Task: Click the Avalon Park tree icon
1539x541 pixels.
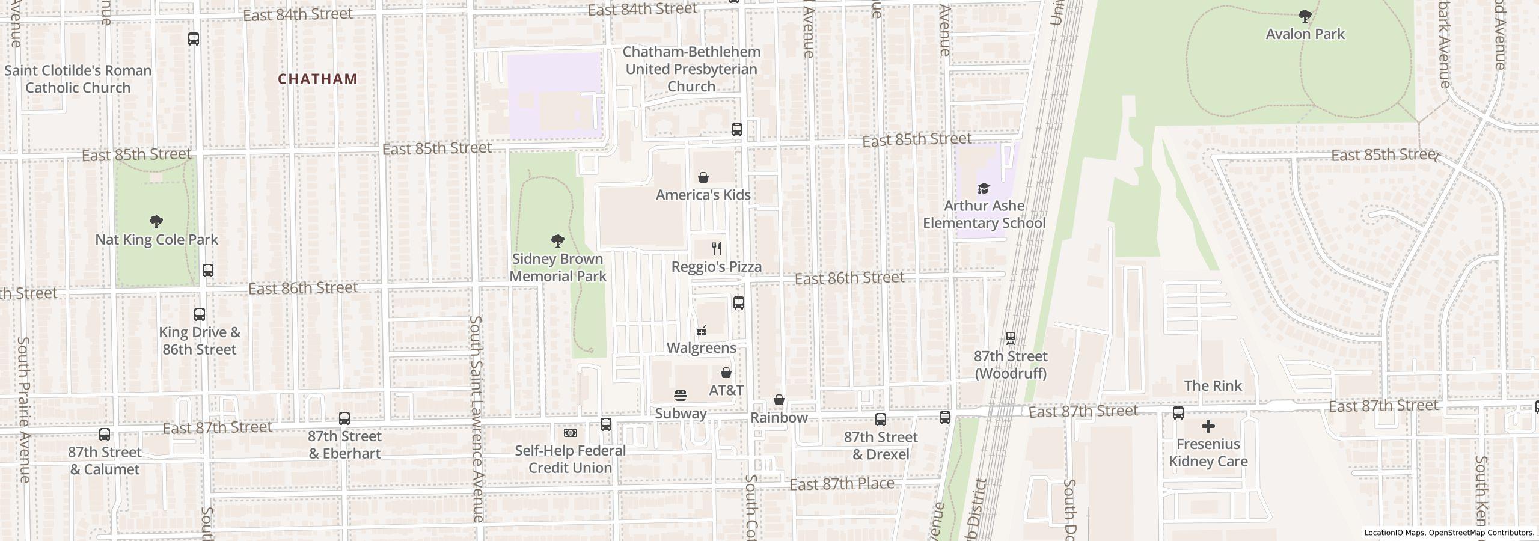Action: point(1305,16)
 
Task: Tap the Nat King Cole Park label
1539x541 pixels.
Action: point(157,240)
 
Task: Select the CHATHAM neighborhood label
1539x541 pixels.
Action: point(317,79)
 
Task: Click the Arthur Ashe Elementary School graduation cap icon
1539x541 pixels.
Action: point(984,188)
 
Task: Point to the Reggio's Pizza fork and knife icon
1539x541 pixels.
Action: point(716,249)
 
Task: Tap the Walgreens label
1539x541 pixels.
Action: point(701,348)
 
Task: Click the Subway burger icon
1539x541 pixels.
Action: point(681,396)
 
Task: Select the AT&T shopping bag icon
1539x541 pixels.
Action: point(726,373)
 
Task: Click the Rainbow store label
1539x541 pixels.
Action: point(779,418)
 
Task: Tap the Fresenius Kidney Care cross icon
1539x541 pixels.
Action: point(1208,427)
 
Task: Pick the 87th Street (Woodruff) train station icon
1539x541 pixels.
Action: point(1011,338)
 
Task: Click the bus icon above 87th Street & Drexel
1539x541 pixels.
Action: point(881,420)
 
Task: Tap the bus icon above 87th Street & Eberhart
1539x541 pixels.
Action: point(344,418)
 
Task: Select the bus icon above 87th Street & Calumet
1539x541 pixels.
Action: point(105,434)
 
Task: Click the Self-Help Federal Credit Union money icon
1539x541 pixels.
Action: point(570,433)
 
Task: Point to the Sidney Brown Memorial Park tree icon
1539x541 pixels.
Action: point(557,241)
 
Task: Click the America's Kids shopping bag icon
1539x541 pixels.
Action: point(703,177)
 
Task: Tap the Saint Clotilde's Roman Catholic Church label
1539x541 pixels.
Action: point(78,79)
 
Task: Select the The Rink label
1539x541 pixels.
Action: point(1213,386)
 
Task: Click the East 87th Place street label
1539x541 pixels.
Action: point(842,484)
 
